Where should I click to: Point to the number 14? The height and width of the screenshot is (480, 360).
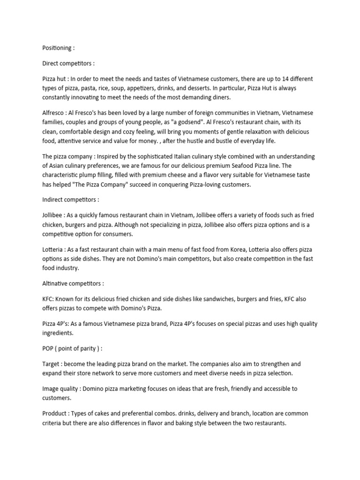coord(277,78)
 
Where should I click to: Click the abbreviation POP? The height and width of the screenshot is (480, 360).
coord(49,348)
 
